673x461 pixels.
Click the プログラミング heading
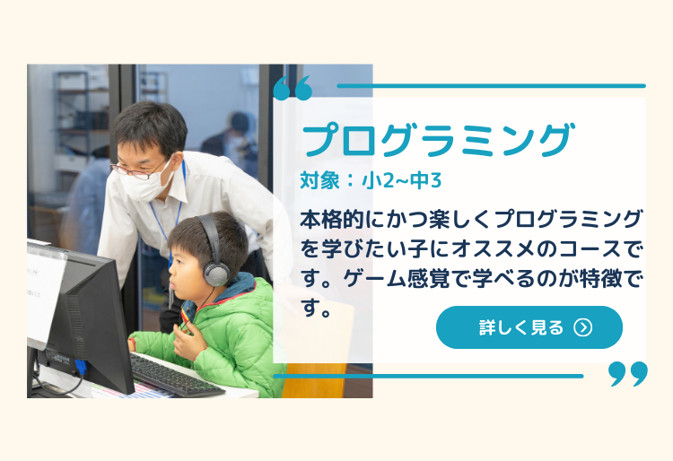pyautogui.click(x=437, y=139)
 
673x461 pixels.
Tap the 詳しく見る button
pyautogui.click(x=529, y=327)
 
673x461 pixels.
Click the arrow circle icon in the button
pyautogui.click(x=583, y=327)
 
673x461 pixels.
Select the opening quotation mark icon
pyautogui.click(x=293, y=88)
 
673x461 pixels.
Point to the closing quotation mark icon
pyautogui.click(x=628, y=373)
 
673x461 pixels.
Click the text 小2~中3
pyautogui.click(x=402, y=180)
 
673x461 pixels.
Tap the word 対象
pyautogui.click(x=319, y=180)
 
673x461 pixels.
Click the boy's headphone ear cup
pyautogui.click(x=216, y=274)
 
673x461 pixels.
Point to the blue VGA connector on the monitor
pyautogui.click(x=80, y=368)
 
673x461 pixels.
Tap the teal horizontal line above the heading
pyautogui.click(x=492, y=86)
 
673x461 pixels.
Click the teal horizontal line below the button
pyautogui.click(x=428, y=376)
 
